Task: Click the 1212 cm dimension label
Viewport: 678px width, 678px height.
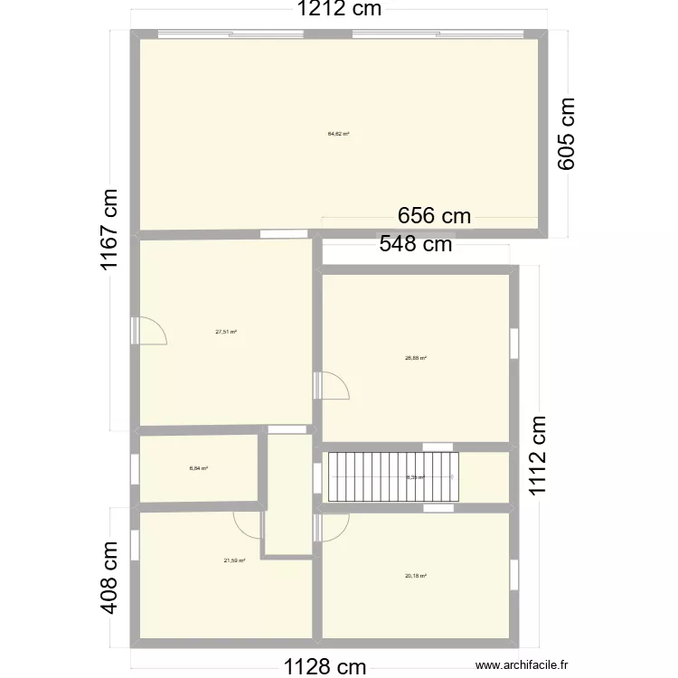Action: [340, 11]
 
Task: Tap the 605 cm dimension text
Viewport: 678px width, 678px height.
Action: [566, 133]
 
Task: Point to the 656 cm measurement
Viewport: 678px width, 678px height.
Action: [435, 216]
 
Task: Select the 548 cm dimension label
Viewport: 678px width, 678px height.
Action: [415, 243]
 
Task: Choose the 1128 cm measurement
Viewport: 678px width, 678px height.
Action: [325, 667]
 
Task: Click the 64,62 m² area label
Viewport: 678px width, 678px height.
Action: [338, 134]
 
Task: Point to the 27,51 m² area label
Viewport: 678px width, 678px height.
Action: [226, 332]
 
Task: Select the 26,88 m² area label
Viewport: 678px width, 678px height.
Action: [416, 358]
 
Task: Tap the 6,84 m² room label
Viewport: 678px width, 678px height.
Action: [199, 468]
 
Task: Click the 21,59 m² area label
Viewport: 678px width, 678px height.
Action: [235, 560]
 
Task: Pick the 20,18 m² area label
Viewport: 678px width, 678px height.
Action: [416, 576]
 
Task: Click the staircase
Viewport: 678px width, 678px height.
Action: [393, 476]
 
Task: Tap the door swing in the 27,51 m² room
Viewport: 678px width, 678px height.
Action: [152, 331]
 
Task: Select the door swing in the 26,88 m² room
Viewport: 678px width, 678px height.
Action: [335, 386]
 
